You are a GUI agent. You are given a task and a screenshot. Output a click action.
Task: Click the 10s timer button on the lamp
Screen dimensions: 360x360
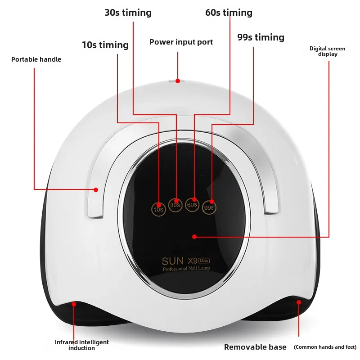159,209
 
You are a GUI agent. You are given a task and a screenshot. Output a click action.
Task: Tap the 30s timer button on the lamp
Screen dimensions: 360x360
175,205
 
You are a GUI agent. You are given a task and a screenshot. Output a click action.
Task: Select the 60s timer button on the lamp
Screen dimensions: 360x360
192,205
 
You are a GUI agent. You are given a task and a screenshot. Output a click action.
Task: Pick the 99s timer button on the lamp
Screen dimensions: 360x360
209,207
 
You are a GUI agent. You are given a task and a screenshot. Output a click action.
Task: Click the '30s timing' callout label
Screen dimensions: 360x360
128,13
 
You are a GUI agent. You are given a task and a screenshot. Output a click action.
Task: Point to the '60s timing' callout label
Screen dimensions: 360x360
229,13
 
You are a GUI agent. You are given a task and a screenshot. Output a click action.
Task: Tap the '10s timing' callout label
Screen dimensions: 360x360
105,45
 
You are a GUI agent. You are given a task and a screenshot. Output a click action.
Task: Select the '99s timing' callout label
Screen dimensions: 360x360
261,37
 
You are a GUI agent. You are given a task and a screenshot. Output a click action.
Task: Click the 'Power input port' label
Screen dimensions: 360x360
181,42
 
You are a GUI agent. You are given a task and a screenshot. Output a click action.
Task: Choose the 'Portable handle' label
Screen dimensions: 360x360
36,59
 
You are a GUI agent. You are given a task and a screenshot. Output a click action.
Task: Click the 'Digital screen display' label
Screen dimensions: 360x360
328,51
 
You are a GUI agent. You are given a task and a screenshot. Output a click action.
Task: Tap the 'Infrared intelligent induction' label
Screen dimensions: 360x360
82,345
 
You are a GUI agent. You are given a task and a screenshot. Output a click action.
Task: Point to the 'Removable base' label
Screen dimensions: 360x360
255,347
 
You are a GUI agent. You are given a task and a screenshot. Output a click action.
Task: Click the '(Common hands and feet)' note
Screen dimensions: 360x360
325,347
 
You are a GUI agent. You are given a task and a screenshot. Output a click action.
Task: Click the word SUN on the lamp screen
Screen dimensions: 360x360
173,261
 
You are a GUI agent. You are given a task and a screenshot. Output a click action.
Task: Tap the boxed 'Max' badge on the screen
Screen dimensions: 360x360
204,261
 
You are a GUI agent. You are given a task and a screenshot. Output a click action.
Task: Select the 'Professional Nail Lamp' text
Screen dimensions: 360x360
186,268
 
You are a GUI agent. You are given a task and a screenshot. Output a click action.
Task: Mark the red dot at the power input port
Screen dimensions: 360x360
178,81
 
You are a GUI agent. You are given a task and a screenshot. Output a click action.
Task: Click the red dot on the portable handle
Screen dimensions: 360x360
96,189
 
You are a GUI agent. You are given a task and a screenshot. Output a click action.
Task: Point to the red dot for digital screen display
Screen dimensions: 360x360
194,237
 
